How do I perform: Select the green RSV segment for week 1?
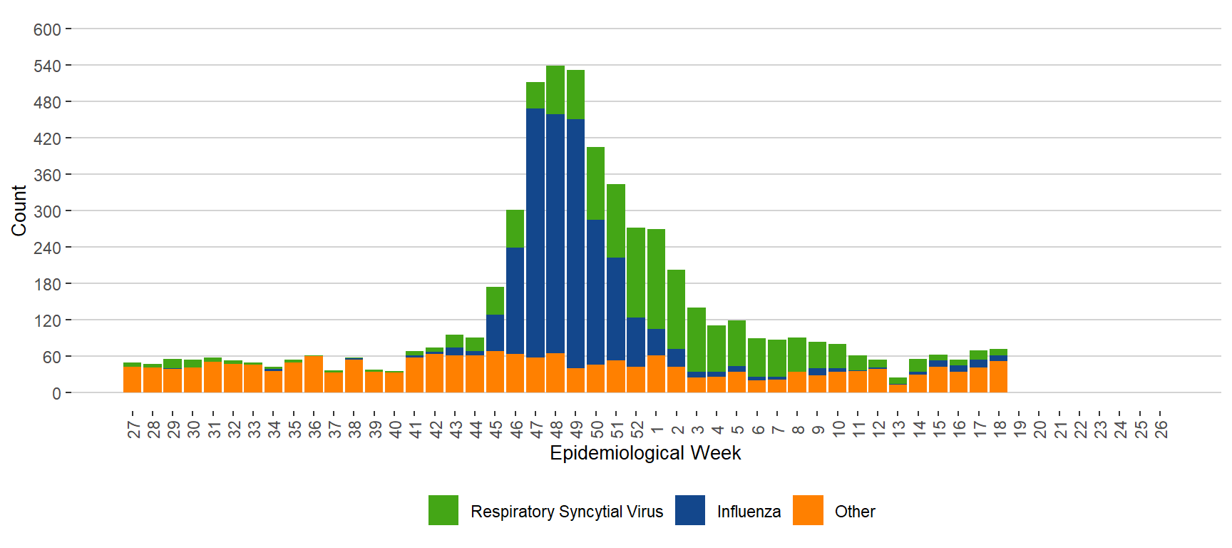(656, 278)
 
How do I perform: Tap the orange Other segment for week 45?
(495, 371)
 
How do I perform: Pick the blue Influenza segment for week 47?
(535, 233)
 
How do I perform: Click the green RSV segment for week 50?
(595, 183)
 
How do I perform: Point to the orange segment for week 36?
(314, 374)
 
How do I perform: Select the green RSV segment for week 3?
(697, 340)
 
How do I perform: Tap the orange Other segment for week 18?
(998, 376)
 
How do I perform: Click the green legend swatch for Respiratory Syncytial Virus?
(443, 510)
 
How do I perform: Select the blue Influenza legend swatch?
(689, 510)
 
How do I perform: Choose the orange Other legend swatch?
(808, 510)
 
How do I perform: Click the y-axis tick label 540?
(47, 66)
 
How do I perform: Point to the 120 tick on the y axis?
(47, 321)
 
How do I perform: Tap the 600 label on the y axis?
(47, 30)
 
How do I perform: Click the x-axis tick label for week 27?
(133, 429)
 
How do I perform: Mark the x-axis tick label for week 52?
(637, 429)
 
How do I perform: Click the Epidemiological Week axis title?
(645, 453)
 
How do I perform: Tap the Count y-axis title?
(19, 210)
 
